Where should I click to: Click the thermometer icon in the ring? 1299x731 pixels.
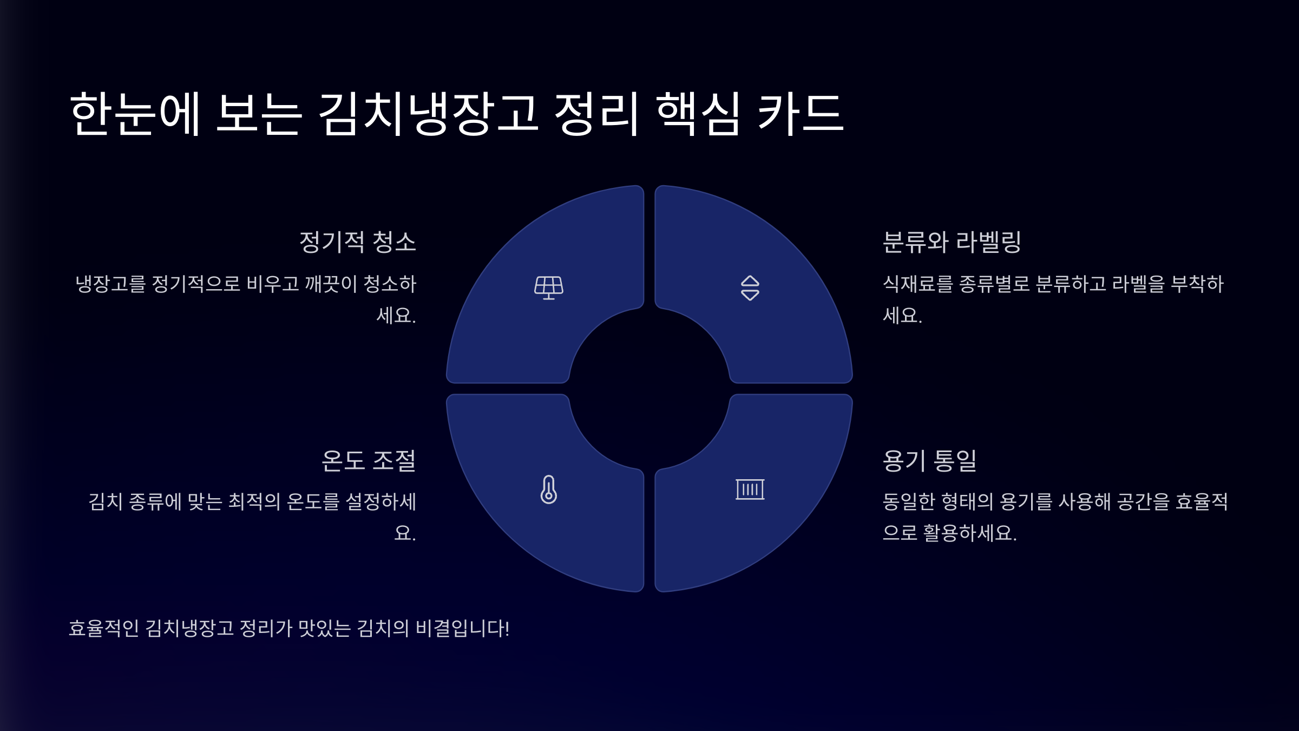(x=548, y=489)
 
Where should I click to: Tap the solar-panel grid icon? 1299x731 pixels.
(x=548, y=288)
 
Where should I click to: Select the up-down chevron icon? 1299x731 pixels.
(x=750, y=288)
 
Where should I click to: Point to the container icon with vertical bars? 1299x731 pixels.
(x=750, y=489)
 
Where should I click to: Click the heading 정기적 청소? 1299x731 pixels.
(x=357, y=242)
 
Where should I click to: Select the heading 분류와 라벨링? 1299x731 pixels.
(x=952, y=242)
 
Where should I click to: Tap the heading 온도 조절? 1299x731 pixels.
(x=368, y=461)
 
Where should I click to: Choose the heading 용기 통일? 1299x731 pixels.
(x=929, y=461)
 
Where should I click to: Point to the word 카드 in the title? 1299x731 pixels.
(x=800, y=113)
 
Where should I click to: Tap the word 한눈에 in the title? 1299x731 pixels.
(x=135, y=113)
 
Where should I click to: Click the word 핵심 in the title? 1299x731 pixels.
(x=698, y=113)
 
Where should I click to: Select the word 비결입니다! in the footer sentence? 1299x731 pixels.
(x=462, y=628)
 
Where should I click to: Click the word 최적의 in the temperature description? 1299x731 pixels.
(x=254, y=501)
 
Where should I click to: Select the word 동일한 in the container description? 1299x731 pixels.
(x=909, y=501)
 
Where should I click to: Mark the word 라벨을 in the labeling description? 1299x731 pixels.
(x=1138, y=284)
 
